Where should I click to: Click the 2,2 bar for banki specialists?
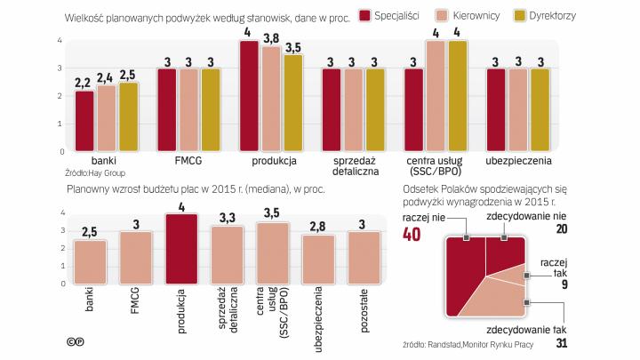click(84, 121)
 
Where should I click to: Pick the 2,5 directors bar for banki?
click(129, 116)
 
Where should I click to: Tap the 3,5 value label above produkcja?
click(293, 47)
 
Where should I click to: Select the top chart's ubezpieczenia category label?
click(518, 161)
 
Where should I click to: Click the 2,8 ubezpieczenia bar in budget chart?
click(319, 261)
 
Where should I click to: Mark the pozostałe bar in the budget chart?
click(364, 260)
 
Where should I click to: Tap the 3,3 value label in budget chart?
click(227, 218)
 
